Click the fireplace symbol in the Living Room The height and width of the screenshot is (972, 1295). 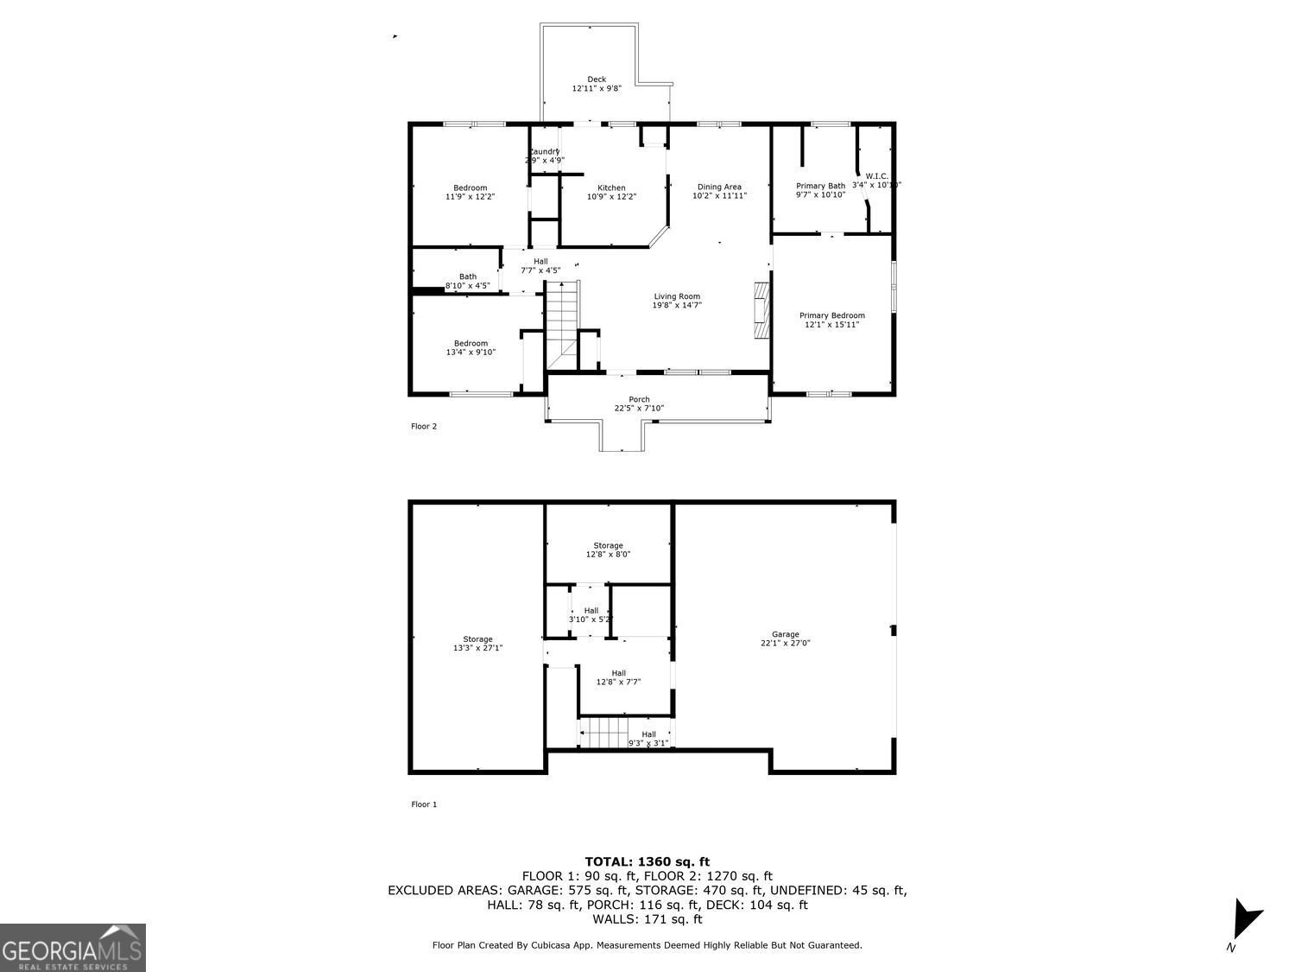coord(760,310)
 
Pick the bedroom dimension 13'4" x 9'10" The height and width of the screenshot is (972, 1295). coord(471,353)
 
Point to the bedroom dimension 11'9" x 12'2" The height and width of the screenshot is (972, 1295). coord(471,197)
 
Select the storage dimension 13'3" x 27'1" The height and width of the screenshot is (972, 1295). coord(477,648)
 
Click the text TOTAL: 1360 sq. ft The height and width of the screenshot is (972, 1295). coord(647,861)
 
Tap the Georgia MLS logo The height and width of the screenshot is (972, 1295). coord(73,948)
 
